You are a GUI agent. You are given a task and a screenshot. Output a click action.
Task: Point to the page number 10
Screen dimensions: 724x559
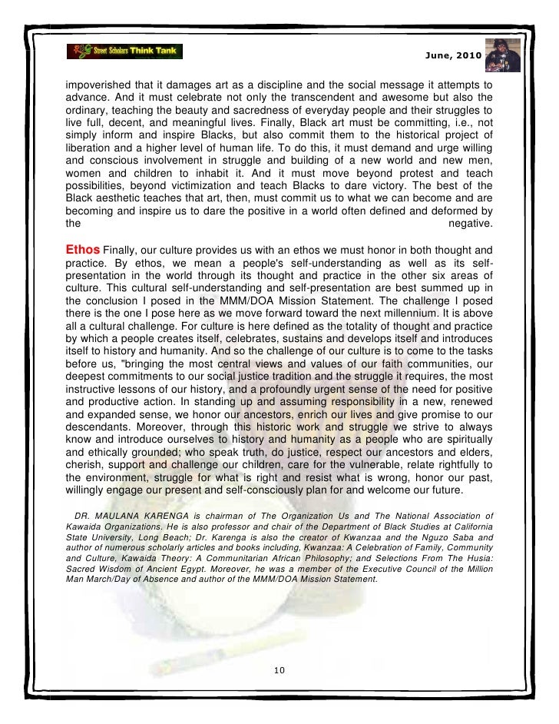[279, 669]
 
